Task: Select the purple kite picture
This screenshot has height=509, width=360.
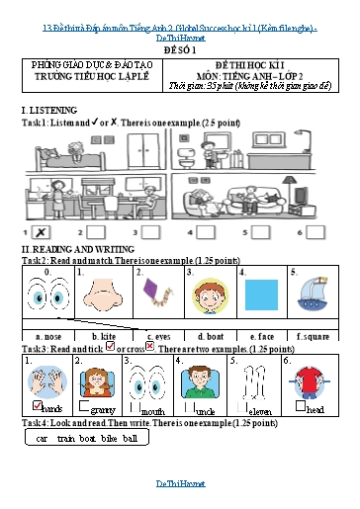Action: tap(154, 295)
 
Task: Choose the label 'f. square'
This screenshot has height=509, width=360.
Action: tap(312, 336)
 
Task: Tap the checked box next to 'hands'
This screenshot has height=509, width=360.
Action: tap(37, 406)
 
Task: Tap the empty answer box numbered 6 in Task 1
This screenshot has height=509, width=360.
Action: tap(314, 231)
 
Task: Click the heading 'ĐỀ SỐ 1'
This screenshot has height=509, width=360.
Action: tap(179, 47)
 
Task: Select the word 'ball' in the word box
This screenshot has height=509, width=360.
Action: tap(130, 437)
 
